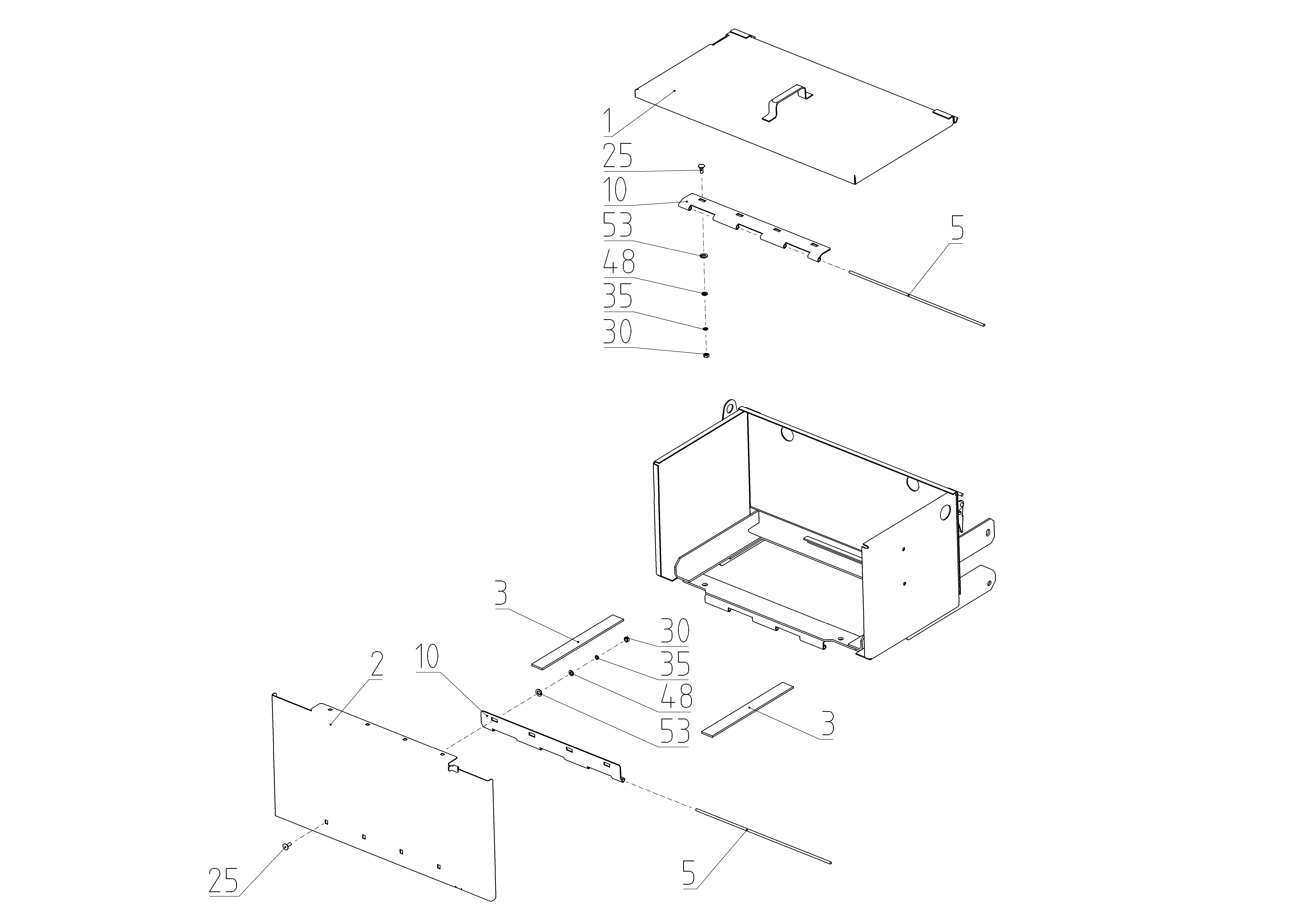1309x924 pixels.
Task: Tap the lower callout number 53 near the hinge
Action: [675, 731]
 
